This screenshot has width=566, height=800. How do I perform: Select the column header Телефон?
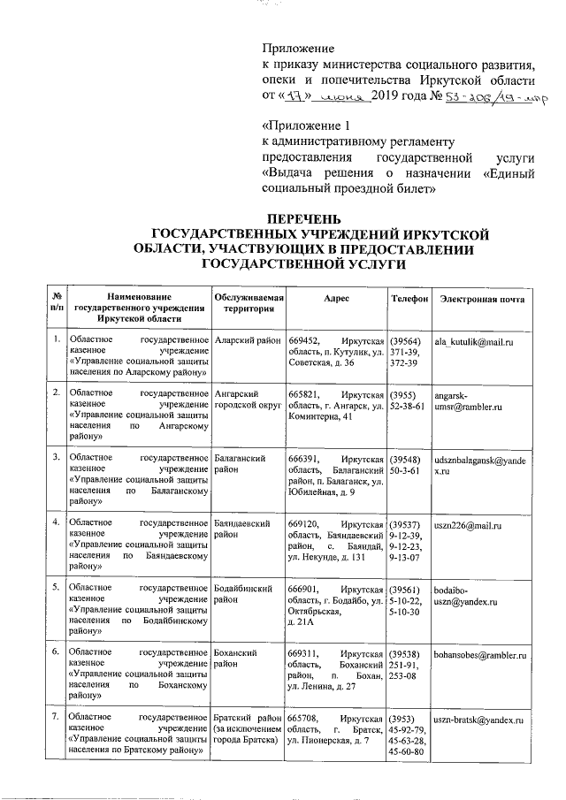[x=409, y=299]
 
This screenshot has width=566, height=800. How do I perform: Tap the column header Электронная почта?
[x=482, y=299]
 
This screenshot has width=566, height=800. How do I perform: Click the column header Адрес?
[x=337, y=299]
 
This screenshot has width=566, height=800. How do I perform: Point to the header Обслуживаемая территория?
[x=249, y=305]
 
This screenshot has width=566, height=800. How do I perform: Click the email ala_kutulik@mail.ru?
[x=473, y=341]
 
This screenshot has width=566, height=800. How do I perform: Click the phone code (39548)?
[x=405, y=460]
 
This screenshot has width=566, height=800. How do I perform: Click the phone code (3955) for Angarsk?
[x=402, y=394]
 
